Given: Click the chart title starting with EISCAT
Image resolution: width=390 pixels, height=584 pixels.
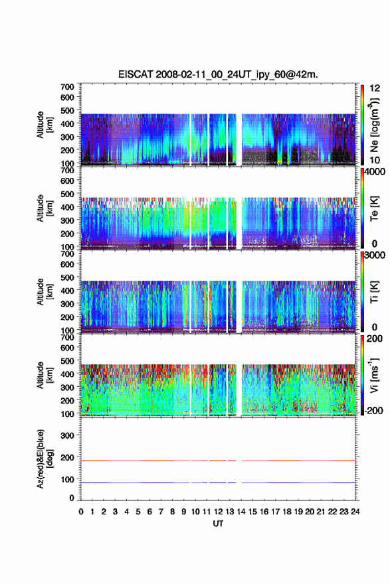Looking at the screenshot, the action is pos(218,74).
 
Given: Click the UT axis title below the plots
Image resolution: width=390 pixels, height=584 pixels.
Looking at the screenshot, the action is pos(218,524).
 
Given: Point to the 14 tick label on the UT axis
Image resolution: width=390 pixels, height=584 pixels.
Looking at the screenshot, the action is pos(241,512).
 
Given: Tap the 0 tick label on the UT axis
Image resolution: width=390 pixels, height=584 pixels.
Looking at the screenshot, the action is pos(81,512).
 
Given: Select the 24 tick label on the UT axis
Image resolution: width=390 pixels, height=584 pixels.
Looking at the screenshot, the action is pos(355,512).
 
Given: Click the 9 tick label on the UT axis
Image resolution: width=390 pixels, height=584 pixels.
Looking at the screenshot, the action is pos(184,512).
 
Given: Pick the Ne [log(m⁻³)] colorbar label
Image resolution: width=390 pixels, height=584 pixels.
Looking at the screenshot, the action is pos(374,125).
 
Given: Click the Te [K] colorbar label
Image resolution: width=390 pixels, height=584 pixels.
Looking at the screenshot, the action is pos(374,208).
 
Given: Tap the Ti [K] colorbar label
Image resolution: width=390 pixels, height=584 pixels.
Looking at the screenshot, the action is pos(374,291).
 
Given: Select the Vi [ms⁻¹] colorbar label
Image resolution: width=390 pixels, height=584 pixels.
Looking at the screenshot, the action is pos(374,375).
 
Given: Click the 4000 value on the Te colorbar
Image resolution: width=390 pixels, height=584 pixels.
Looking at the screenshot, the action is pos(375,173).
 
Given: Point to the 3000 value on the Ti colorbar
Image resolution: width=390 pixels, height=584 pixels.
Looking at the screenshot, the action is pos(375,256).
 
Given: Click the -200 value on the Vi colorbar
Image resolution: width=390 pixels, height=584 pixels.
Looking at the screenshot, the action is pos(373,410).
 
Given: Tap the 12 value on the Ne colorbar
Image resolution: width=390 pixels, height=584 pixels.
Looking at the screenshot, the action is pos(375,88).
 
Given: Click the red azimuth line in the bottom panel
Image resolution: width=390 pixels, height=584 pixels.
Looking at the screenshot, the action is pos(218,461).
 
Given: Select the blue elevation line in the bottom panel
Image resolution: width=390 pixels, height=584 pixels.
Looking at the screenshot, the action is pos(218,482).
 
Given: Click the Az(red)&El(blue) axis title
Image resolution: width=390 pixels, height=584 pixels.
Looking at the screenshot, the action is pos(44,459).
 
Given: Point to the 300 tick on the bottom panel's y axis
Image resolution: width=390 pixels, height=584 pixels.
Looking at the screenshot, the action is pos(68,435).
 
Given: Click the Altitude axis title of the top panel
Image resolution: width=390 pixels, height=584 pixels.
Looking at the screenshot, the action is pos(44,125).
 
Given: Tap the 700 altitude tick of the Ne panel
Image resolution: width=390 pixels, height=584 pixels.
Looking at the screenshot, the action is pos(68,87).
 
